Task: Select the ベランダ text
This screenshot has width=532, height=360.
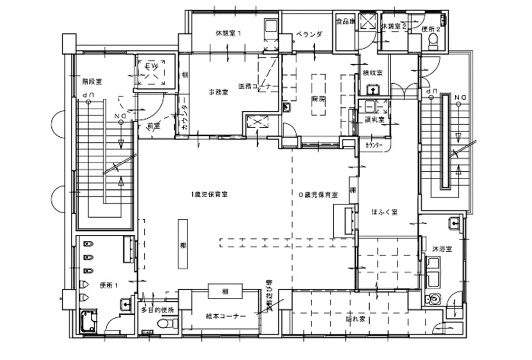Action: pos(309,34)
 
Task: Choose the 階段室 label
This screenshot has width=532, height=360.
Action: pos(91,81)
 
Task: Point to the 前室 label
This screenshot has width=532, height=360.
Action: pos(152,125)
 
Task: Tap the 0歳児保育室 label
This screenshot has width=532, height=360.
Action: pos(318,194)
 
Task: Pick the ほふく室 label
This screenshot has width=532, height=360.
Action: pos(386,212)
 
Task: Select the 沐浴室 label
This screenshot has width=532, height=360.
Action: pos(442,249)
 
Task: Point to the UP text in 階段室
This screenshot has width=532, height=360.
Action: pos(86,96)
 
